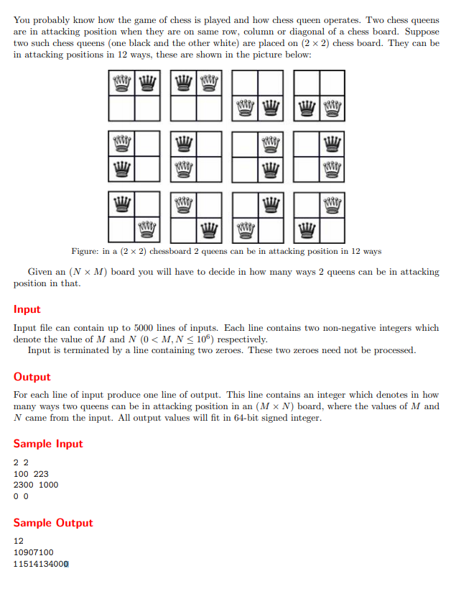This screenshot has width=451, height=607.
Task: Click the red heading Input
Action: coord(27,309)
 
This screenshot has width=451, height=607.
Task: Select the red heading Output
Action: coord(32,377)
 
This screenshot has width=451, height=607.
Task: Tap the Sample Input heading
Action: coord(48,444)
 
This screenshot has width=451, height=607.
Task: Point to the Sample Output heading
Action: coord(53,523)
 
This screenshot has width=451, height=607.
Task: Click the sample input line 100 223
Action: coord(31,474)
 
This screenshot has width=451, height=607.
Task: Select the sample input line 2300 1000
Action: coord(36,485)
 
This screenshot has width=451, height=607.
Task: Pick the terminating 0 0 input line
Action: coord(22,496)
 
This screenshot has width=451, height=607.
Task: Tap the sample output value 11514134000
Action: coord(41,564)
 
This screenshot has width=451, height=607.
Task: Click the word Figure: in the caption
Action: coord(88,251)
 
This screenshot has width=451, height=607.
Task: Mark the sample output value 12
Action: coord(19,542)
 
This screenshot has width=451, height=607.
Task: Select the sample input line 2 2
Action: coord(22,463)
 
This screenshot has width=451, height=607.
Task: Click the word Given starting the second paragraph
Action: coord(40,272)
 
